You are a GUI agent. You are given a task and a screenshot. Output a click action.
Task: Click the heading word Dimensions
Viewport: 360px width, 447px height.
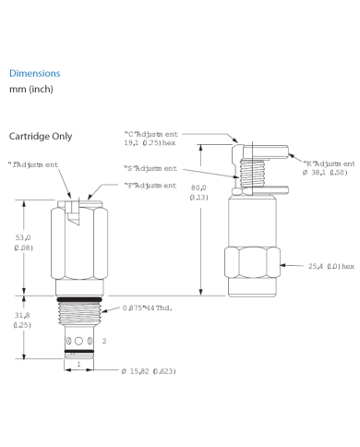click(34, 73)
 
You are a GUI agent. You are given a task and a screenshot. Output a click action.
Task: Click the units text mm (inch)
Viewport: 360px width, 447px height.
click(32, 91)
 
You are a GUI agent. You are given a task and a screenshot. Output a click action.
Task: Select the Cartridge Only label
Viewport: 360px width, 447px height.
click(40, 137)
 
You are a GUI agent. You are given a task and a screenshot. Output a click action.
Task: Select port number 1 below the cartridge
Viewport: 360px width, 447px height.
click(79, 364)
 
